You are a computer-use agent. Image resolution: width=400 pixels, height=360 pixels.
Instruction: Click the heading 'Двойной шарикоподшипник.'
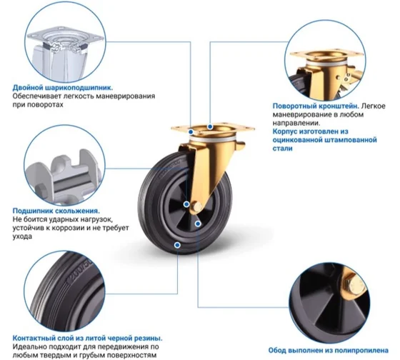click(63, 88)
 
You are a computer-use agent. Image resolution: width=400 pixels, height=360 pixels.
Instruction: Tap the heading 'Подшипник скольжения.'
click(56, 211)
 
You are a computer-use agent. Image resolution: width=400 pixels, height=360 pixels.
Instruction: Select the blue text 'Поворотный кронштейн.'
click(316, 106)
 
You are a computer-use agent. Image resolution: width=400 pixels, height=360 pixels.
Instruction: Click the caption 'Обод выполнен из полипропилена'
click(329, 351)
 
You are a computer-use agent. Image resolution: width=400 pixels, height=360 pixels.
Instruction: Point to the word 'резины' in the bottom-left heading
click(149, 339)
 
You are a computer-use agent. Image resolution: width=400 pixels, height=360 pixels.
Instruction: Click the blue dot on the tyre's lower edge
click(177, 245)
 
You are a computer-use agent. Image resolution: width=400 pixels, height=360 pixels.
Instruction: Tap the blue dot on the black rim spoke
click(198, 224)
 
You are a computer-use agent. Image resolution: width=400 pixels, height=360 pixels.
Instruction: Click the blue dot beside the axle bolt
click(186, 204)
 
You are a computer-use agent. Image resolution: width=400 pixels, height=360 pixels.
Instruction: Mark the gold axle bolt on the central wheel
click(196, 206)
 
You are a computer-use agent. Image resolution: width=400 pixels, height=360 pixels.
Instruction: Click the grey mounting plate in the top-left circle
click(66, 38)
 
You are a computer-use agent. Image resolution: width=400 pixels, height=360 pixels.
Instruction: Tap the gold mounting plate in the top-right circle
click(327, 54)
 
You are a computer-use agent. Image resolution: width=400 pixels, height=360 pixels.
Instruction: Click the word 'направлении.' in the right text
click(296, 123)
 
